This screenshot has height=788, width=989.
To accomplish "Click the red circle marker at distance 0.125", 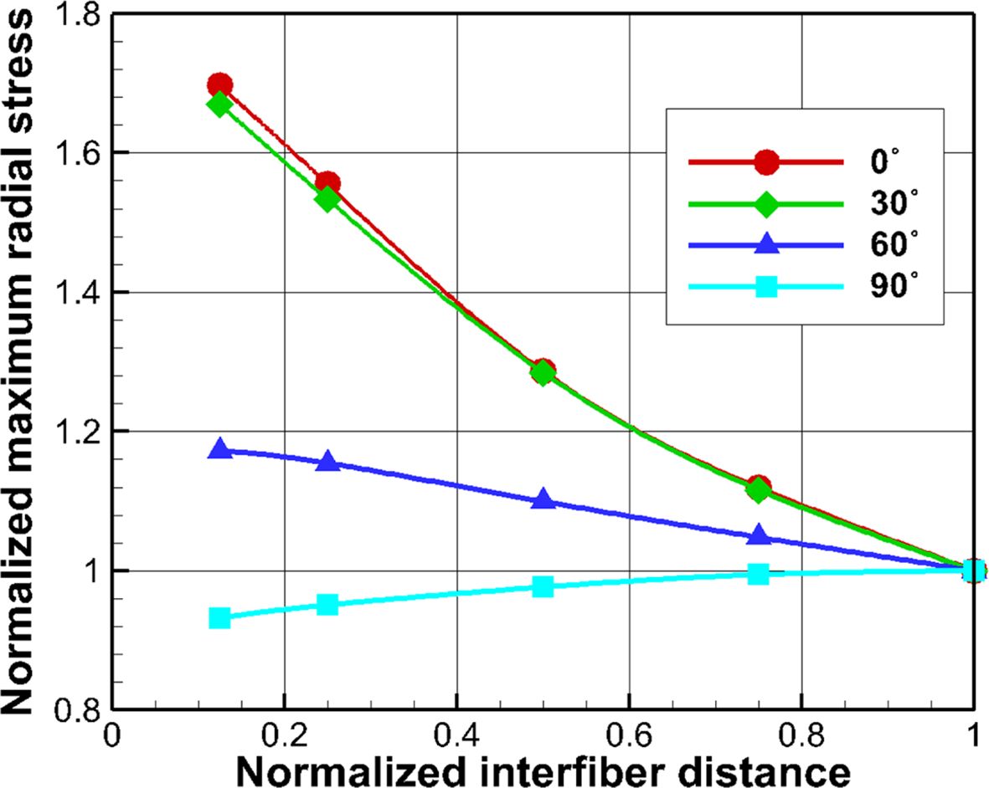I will (x=219, y=84).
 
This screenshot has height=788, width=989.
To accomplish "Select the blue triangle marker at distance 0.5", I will (x=543, y=499).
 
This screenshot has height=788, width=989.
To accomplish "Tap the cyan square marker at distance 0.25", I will (x=327, y=604).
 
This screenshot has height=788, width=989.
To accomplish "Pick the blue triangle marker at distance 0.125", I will (x=220, y=449).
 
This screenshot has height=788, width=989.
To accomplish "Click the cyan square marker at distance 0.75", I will (x=758, y=574).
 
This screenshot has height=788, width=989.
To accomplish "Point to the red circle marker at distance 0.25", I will (x=327, y=183).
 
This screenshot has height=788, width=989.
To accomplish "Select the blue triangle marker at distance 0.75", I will (x=759, y=535).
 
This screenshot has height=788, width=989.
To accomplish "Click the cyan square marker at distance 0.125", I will (x=220, y=618).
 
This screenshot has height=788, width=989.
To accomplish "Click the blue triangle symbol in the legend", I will (x=765, y=245).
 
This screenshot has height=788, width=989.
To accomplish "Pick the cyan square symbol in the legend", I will (x=765, y=288).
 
